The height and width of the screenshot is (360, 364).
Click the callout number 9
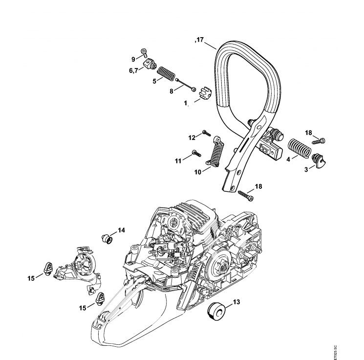tap(132, 59)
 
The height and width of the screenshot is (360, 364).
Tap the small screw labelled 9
tap(143, 52)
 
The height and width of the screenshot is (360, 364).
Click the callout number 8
tap(171, 90)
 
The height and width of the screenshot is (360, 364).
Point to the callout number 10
tap(198, 172)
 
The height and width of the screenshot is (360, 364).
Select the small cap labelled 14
tap(104, 239)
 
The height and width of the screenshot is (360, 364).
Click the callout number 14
tap(121, 230)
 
